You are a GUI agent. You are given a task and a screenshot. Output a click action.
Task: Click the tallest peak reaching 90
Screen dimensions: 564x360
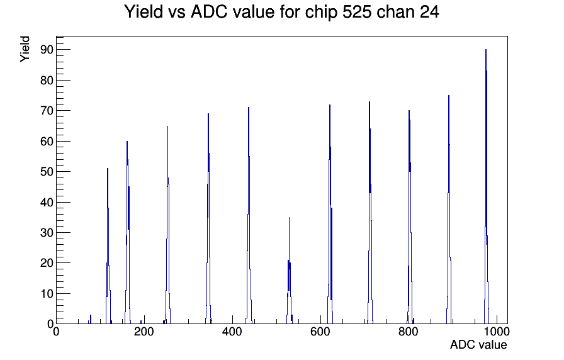(x=486, y=187)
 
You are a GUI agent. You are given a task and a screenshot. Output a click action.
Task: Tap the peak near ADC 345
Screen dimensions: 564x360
(x=208, y=220)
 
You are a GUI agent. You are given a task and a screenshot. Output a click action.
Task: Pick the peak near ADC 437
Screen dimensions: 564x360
(x=249, y=216)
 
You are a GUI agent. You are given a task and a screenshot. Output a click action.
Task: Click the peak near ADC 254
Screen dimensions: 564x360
(x=167, y=225)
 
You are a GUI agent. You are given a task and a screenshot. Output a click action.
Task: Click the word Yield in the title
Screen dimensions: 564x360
(x=144, y=11)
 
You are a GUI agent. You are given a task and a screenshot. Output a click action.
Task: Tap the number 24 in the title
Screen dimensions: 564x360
(x=429, y=11)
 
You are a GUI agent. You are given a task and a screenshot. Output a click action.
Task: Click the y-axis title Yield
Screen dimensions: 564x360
(x=25, y=49)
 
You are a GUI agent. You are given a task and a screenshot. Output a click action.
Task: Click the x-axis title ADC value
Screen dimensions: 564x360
(x=478, y=344)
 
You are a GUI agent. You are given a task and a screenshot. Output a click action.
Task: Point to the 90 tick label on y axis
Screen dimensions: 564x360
(x=47, y=50)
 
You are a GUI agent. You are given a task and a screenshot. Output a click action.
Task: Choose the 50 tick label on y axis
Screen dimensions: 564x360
(x=47, y=172)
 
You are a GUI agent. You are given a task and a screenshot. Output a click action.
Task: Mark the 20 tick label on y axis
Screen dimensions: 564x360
(x=47, y=263)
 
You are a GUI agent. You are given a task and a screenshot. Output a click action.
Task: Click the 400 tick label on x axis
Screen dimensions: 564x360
(x=232, y=331)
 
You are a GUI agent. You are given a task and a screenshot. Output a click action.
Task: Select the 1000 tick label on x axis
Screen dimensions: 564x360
(x=496, y=331)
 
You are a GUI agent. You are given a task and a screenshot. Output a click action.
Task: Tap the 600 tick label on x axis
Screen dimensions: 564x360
(x=320, y=331)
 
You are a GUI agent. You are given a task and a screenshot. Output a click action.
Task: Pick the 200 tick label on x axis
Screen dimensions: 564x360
(x=144, y=331)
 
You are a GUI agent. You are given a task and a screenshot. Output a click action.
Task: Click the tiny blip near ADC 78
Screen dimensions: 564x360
(x=90, y=319)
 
